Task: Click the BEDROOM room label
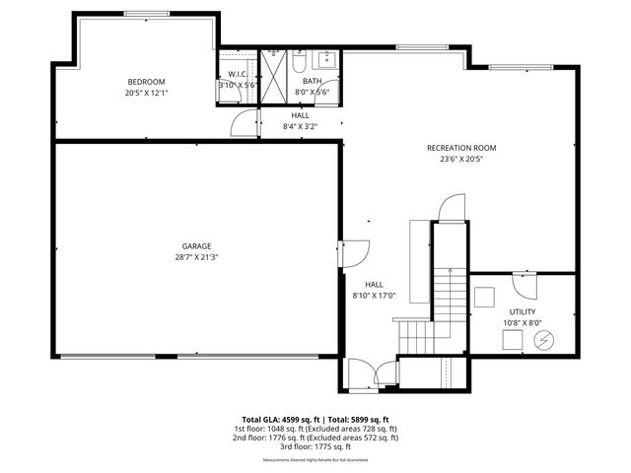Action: pos(146,81)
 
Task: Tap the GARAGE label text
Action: pos(196,246)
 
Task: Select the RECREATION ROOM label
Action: pos(460,148)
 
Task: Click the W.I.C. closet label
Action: pos(237,74)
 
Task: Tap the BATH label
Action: pos(312,81)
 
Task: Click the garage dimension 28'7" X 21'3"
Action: pos(196,257)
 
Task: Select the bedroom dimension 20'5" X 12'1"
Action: pos(146,92)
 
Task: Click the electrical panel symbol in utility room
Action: pos(542,341)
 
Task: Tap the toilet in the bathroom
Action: pos(298,63)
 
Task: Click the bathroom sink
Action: pos(329,58)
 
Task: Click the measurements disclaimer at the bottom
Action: pos(315,460)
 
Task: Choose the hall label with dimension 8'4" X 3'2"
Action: pos(300,120)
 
